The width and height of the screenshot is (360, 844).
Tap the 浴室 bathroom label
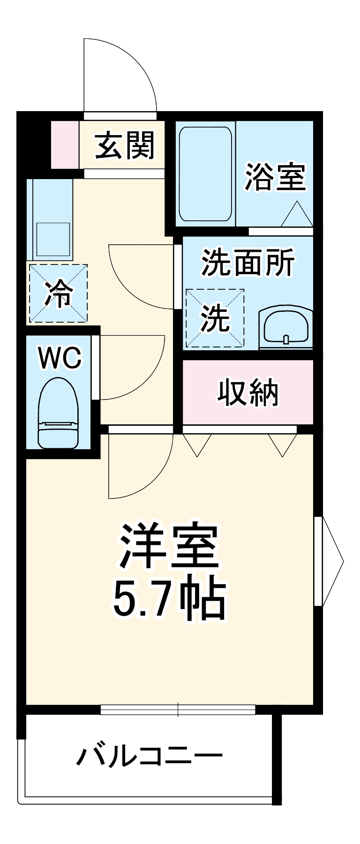(275, 177)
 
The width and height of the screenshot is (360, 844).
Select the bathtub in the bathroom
(205, 173)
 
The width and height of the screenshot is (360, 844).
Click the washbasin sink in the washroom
(286, 327)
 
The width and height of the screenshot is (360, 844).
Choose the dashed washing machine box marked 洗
(215, 318)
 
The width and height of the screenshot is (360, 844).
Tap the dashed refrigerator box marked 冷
(58, 294)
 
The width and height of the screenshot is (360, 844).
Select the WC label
(60, 359)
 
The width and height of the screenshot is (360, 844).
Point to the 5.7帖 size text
(170, 599)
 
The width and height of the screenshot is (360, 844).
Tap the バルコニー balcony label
(150, 756)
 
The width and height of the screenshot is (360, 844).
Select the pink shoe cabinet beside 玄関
(65, 144)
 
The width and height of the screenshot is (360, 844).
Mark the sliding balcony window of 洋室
(178, 709)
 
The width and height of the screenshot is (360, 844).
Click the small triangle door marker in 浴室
(297, 215)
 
